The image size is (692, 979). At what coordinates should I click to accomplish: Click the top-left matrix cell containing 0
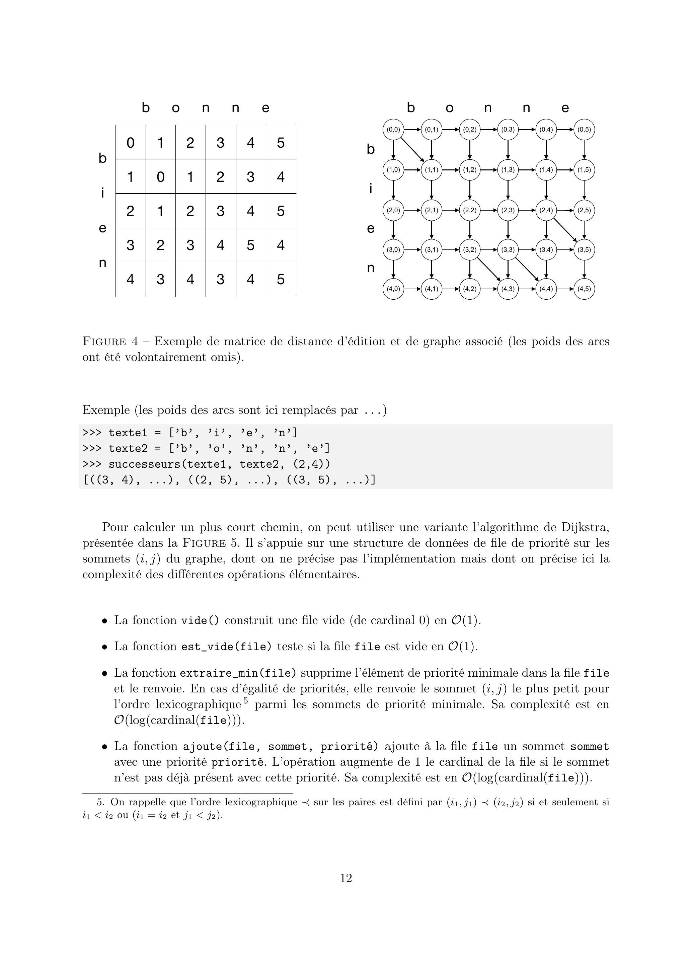pos(131,142)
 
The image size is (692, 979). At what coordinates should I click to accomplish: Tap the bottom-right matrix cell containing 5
pos(281,279)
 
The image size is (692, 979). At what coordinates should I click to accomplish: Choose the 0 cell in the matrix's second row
pos(160,176)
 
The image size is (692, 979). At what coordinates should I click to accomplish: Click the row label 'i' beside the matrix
pos(102,193)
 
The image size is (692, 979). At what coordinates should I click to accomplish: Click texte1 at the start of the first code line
pos(128,433)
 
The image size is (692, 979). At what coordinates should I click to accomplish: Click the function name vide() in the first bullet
pos(201,620)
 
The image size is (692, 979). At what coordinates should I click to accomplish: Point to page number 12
pos(346,878)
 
